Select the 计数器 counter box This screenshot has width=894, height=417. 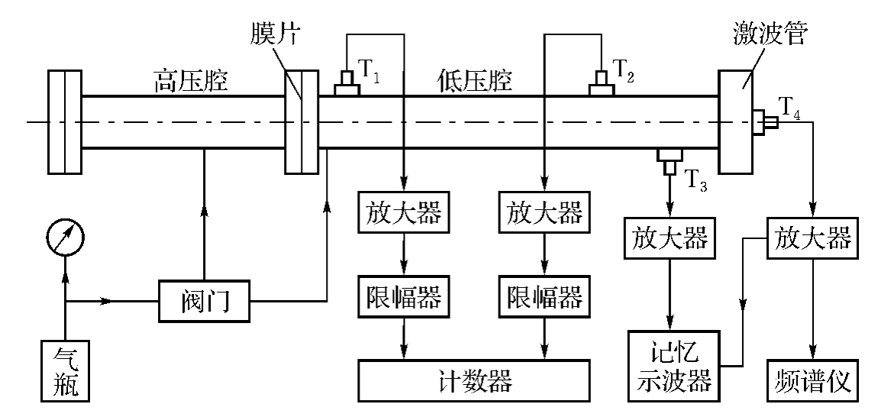click(474, 378)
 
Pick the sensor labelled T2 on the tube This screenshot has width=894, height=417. click(602, 85)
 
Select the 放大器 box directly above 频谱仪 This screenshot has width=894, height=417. click(812, 239)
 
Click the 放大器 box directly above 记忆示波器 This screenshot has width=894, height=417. click(669, 239)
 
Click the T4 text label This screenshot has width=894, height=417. click(791, 107)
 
